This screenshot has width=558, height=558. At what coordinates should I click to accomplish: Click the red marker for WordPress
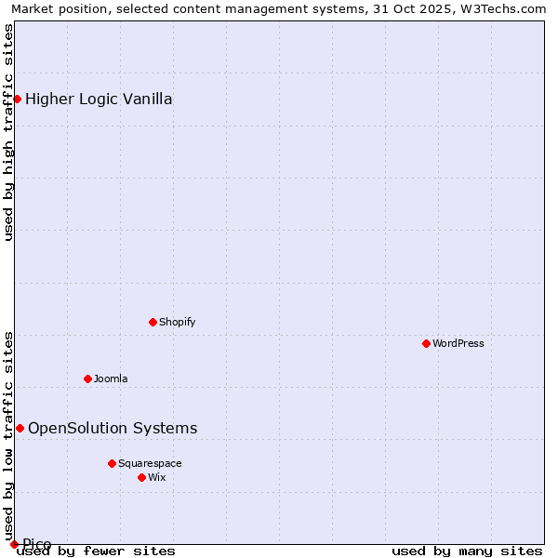click(426, 343)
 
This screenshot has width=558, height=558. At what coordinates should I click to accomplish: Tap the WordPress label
click(458, 343)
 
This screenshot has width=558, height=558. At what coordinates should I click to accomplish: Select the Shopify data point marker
click(153, 322)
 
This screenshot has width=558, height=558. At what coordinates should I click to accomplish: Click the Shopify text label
click(177, 322)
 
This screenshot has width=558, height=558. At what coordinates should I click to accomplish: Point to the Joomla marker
click(87, 379)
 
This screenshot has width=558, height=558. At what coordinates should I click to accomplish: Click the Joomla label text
click(111, 379)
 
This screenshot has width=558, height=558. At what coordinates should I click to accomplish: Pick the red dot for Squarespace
click(112, 463)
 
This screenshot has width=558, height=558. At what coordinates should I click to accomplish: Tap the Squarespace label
click(150, 463)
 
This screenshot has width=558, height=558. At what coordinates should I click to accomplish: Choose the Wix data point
click(141, 477)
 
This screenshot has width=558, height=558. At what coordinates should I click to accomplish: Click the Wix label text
click(157, 477)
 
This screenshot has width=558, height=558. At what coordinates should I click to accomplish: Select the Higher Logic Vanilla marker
click(17, 99)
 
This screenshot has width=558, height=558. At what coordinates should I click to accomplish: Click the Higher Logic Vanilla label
click(99, 99)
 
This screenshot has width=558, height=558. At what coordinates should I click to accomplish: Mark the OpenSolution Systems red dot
click(20, 428)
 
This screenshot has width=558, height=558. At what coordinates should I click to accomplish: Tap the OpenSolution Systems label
click(113, 428)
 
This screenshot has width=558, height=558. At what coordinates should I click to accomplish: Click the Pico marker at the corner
click(14, 544)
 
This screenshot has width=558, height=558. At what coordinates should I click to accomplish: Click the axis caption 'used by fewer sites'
click(97, 551)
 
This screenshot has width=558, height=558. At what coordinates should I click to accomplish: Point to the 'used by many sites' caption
click(467, 551)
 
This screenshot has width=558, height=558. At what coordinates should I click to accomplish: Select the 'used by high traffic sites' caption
click(8, 132)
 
